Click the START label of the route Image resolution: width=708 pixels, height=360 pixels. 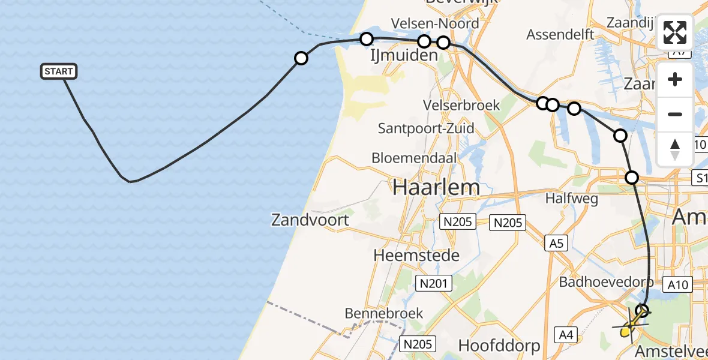pos(59,71)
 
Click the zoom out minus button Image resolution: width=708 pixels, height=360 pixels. pos(675,114)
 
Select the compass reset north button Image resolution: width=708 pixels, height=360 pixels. pos(675,149)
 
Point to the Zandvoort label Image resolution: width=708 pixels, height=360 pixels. pos(310,220)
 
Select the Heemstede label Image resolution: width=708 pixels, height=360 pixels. pos(416,255)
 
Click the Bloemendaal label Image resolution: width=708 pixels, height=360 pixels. pos(415,158)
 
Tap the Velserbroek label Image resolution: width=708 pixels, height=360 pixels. pos(461,105)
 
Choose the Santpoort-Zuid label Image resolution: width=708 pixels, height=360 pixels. pos(426,128)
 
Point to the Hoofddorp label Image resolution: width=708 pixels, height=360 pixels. pos(499,346)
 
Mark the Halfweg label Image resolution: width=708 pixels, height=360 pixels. pos(571,197)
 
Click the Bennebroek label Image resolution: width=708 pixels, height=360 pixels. pos(384,313)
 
